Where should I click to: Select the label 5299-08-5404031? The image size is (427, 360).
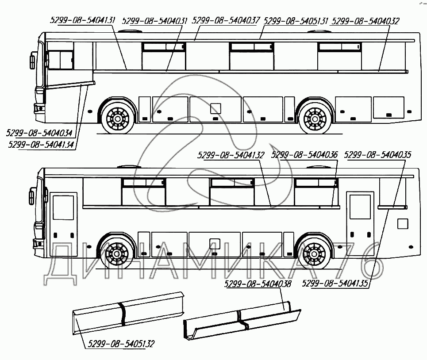(154, 20)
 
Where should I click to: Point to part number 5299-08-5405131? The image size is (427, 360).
(296, 20)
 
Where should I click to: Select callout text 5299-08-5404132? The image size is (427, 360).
(231, 155)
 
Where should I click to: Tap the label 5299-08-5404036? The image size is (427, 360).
(304, 155)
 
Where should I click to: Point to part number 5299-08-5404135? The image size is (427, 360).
(335, 284)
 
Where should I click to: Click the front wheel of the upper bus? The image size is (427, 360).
(117, 119)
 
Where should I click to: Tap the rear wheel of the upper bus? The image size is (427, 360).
(315, 119)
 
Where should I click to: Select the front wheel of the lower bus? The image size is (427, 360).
(117, 254)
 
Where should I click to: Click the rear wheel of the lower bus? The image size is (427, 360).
(315, 254)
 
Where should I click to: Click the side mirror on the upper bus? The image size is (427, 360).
(33, 61)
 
